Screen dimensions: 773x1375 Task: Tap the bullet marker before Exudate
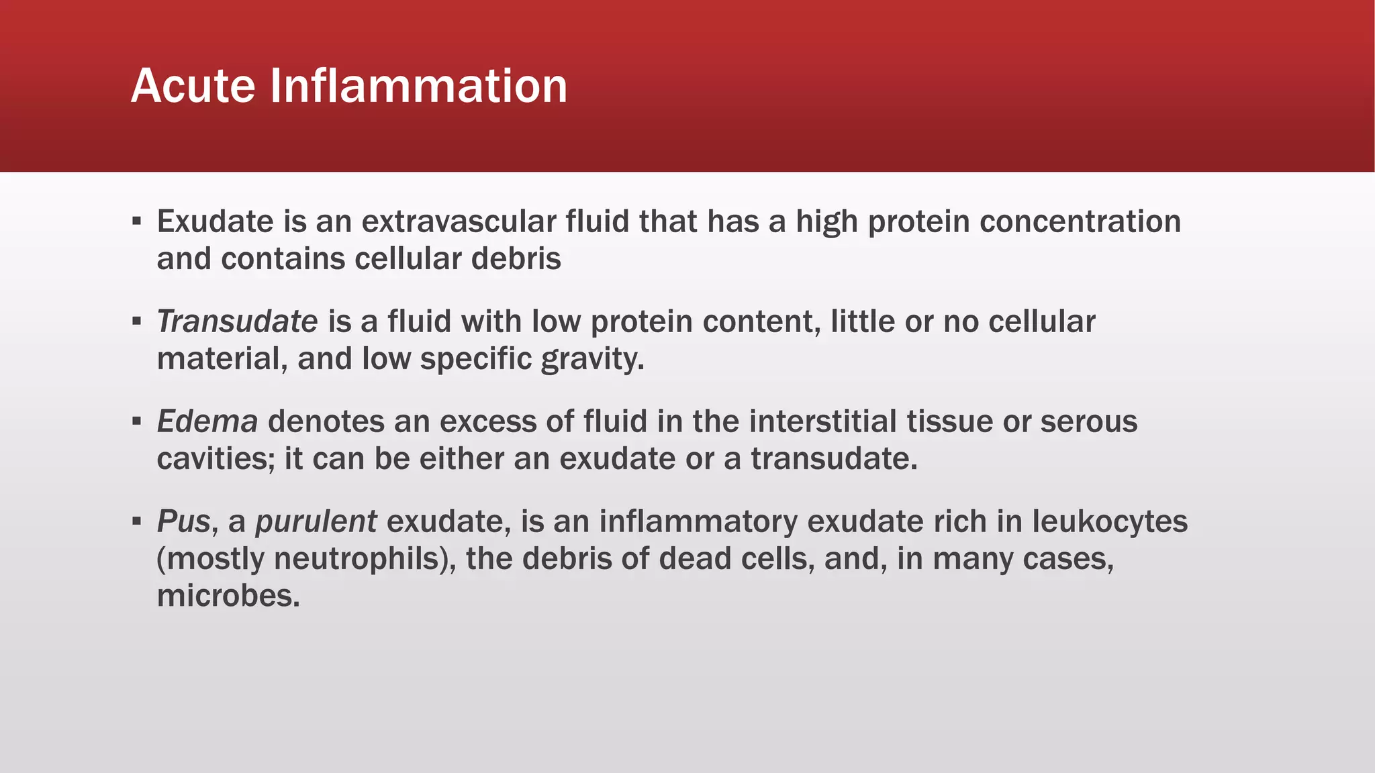pos(137,221)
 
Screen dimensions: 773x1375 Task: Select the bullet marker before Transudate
pos(137,321)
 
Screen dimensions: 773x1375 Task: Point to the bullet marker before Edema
pos(137,421)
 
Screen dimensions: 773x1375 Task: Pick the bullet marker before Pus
pos(137,521)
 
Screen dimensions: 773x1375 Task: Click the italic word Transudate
pos(237,321)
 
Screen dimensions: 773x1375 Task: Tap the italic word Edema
pos(207,421)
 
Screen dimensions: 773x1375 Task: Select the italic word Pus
pos(183,521)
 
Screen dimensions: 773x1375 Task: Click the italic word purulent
pos(316,521)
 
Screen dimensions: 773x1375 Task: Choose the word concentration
pos(1080,221)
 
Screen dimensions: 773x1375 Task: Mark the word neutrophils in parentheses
pos(357,558)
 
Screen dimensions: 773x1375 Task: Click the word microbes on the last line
pos(228,595)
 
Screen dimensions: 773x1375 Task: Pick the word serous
pos(1088,421)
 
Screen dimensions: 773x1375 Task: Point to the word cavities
pos(216,459)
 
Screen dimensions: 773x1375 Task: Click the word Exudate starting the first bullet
pos(215,221)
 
